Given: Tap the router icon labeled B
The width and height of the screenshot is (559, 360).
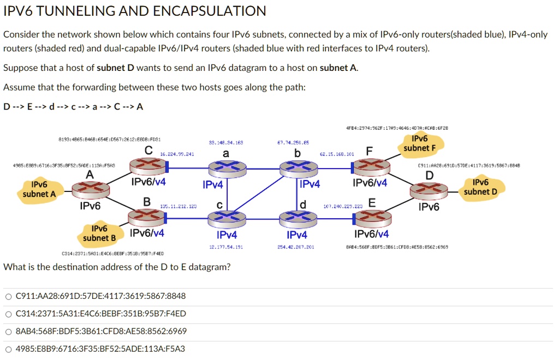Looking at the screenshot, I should point(146,218).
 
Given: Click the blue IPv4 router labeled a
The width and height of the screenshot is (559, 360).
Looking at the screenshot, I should point(226,170).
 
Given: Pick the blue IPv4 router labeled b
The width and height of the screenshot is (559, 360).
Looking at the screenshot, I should point(297,170).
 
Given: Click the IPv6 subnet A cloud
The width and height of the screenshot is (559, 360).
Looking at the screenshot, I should point(39,189).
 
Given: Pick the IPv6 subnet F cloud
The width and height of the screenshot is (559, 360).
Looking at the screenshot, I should point(420,143).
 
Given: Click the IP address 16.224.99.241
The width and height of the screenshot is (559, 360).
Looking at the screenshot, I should point(177,154).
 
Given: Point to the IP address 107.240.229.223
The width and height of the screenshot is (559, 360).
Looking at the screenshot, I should point(343,207).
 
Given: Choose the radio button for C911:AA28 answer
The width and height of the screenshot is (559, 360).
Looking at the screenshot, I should point(8,296).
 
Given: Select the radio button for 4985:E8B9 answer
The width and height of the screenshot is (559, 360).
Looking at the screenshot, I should point(8,349).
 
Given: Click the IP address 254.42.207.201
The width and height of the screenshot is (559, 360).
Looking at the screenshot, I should point(295,247).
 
